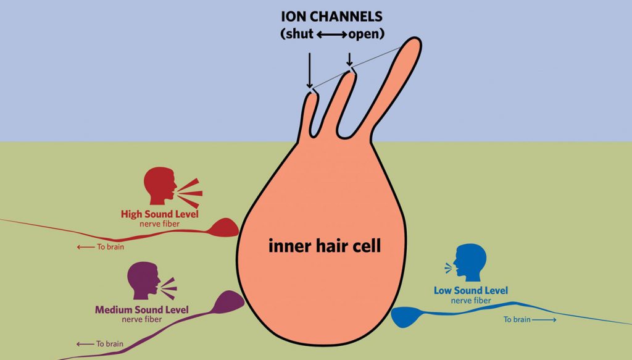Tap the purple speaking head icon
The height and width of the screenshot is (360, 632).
(x=144, y=281)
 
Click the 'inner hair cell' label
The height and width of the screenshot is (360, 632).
(x=325, y=246)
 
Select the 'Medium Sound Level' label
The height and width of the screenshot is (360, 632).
(x=141, y=310)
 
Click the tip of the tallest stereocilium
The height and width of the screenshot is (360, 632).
(x=413, y=44)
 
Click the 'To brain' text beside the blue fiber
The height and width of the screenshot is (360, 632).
(x=517, y=320)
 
